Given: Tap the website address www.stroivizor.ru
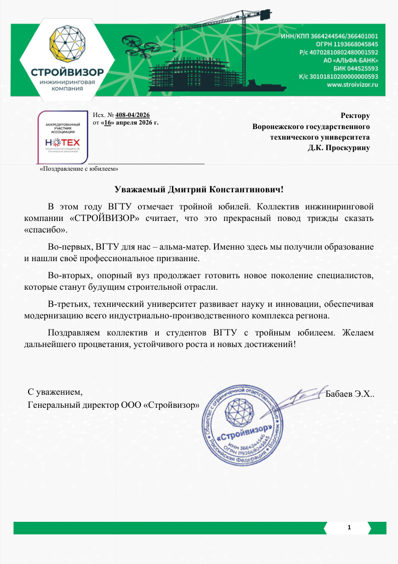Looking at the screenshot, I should (x=352, y=85).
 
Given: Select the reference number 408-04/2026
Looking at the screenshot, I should (x=136, y=115).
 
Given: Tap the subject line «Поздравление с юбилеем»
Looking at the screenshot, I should (x=79, y=169).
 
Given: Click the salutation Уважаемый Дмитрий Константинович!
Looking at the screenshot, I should (x=199, y=189).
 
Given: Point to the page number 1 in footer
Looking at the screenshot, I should (x=348, y=528).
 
